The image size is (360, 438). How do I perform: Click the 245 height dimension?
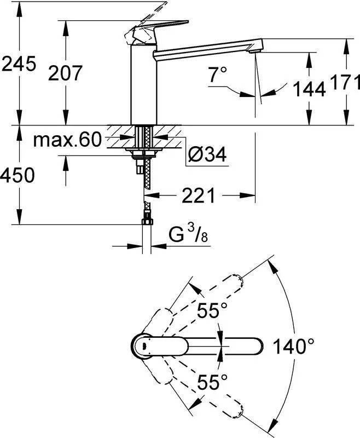19,64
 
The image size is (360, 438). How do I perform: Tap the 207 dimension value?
65,73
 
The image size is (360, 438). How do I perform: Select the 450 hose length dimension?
18,175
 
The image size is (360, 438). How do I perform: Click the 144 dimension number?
309,89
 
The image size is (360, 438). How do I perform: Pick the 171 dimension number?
345,83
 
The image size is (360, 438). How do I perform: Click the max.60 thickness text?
67,140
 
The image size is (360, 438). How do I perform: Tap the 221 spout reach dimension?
199,195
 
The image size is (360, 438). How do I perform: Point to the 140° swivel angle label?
293,346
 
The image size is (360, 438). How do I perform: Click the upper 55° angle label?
212,310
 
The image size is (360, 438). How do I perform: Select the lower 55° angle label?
212,382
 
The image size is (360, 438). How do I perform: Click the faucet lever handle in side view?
156,31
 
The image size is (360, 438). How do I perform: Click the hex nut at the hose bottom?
147,222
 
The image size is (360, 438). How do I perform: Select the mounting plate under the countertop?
144,152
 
